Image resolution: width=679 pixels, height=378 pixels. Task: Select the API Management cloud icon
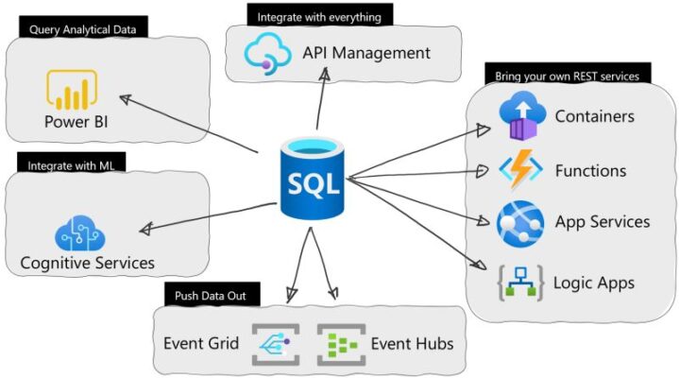(x=269, y=51)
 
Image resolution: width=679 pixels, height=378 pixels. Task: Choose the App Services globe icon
(x=520, y=223)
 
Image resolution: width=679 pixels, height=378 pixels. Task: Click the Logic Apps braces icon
(x=520, y=283)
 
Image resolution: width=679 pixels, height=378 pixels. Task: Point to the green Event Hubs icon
(x=339, y=344)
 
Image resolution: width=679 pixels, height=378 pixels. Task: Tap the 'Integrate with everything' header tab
(x=309, y=16)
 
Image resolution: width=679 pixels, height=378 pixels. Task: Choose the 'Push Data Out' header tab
(x=210, y=296)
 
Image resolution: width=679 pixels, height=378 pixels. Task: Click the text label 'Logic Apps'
(x=593, y=283)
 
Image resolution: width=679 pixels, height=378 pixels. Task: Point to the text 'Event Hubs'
(x=411, y=344)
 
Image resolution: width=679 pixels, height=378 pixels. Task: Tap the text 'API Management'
(x=366, y=53)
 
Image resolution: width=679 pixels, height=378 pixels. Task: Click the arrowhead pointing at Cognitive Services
(x=144, y=229)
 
